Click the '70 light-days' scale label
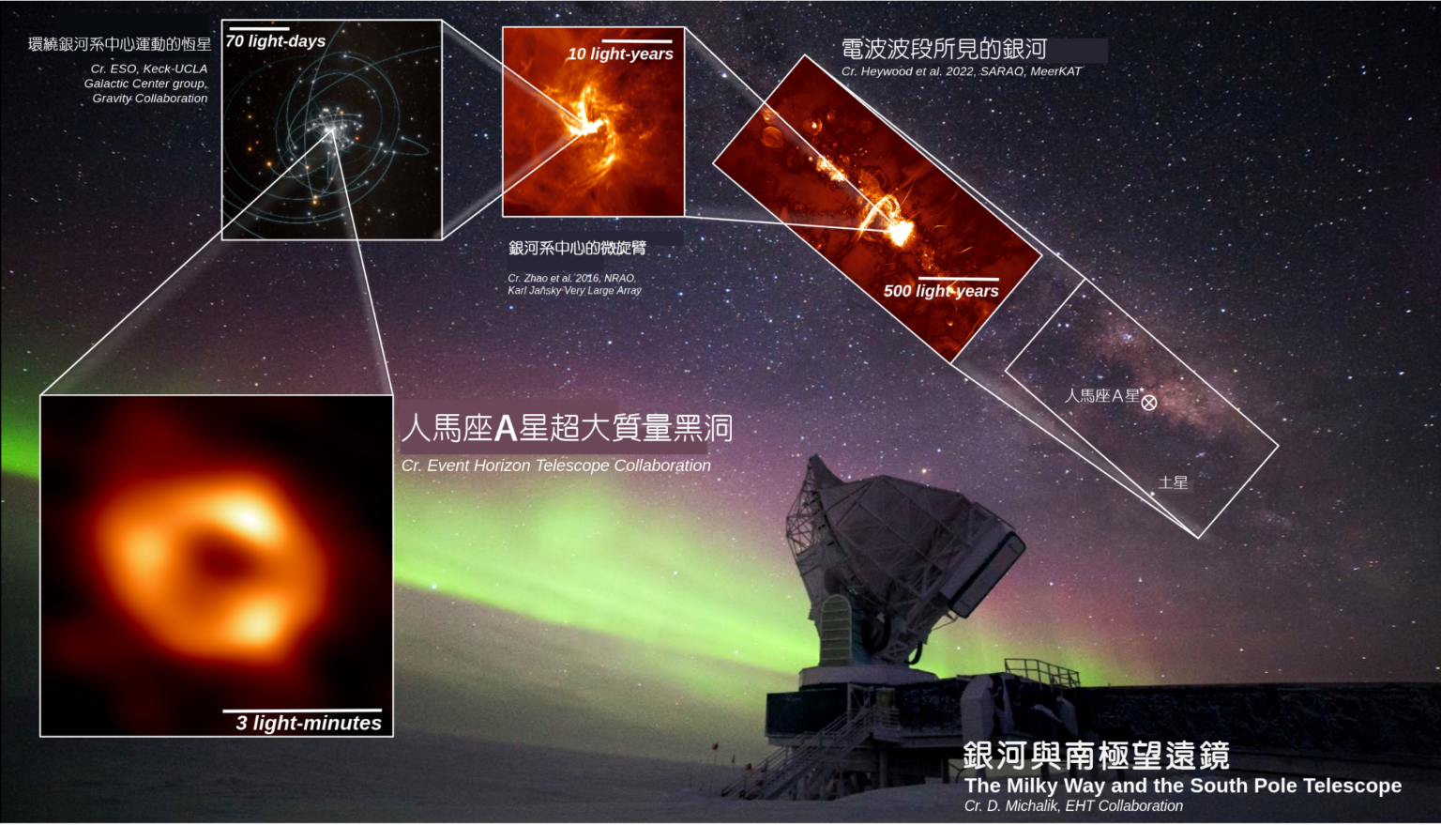[x=275, y=41]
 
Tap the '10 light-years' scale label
[x=620, y=54]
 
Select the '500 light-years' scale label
[x=941, y=291]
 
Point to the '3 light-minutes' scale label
[x=309, y=723]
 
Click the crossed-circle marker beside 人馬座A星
[x=1149, y=403]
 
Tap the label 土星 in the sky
[x=1173, y=482]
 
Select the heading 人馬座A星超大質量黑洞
[x=567, y=427]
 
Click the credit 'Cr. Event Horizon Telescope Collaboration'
[x=555, y=466]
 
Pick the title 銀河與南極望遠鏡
[x=1096, y=756]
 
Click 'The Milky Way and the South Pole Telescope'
[x=1182, y=786]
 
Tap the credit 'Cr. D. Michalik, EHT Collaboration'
[x=1073, y=805]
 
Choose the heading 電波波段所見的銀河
[x=944, y=49]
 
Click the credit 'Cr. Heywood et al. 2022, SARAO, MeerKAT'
[x=961, y=71]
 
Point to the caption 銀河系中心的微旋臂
[x=577, y=248]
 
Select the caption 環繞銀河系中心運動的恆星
[x=119, y=44]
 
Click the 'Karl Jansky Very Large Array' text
[x=574, y=290]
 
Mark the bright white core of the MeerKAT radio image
[x=900, y=233]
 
